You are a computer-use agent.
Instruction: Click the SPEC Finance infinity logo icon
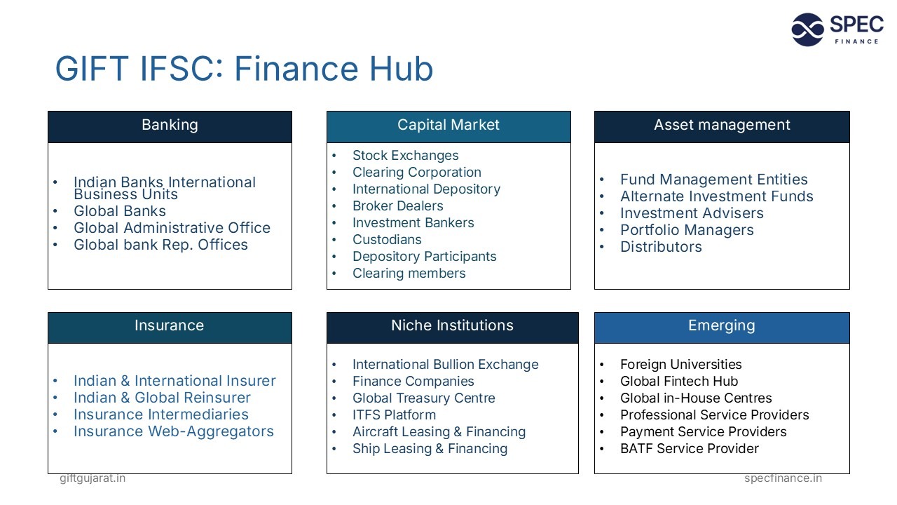click(x=807, y=29)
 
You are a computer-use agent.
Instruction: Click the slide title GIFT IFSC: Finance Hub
click(x=244, y=69)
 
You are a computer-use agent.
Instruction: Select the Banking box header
click(x=170, y=126)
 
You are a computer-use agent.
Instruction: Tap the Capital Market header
click(x=448, y=126)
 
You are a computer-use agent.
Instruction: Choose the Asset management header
click(x=722, y=126)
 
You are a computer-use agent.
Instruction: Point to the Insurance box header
click(x=170, y=326)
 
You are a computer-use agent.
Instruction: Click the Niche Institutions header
click(x=452, y=326)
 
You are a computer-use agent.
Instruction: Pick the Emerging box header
click(x=722, y=326)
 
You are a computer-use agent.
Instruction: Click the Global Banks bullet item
click(x=120, y=211)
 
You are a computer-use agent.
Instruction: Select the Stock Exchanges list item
click(x=405, y=156)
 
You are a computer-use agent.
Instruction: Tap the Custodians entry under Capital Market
click(x=387, y=240)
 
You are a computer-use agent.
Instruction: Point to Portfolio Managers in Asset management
click(x=687, y=230)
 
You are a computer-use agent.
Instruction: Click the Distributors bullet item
click(x=661, y=247)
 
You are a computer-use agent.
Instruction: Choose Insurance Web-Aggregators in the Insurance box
click(x=174, y=431)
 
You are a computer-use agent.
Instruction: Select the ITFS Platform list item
click(x=394, y=415)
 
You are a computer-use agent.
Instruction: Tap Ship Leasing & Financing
click(x=430, y=449)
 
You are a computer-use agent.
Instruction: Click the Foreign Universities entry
click(x=680, y=365)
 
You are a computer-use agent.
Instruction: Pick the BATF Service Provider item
click(x=690, y=449)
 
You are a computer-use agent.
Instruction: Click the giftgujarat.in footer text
click(x=93, y=478)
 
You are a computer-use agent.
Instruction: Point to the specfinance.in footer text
click(x=783, y=478)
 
